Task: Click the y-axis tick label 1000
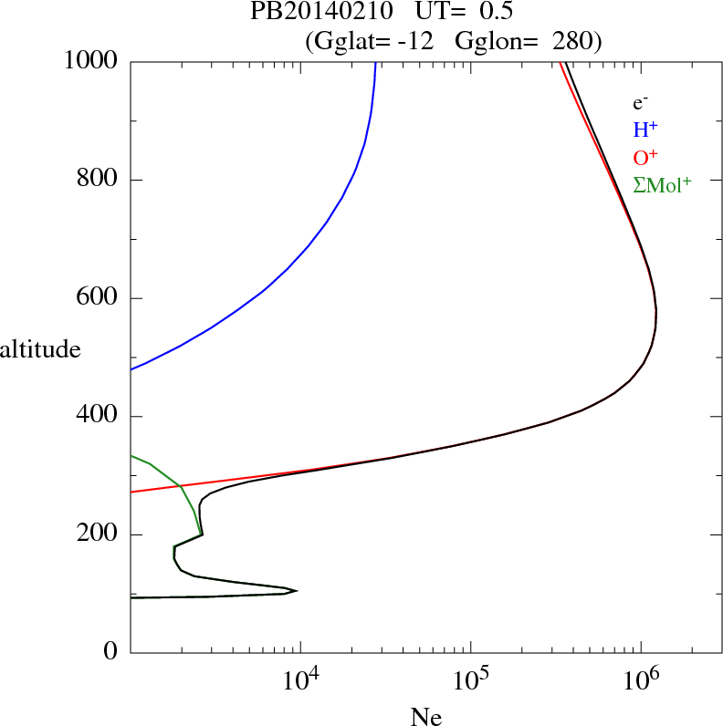90,61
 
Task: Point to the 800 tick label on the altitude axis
98,180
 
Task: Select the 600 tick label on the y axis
98,298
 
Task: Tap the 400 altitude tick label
98,417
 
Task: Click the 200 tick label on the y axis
98,534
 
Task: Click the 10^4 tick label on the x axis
299,679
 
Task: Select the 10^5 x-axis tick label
470,679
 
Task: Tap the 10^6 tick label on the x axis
641,679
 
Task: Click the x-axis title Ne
425,717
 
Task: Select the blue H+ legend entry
645,130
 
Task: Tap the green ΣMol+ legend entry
662,185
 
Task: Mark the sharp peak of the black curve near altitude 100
297,591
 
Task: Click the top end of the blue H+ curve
375,62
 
